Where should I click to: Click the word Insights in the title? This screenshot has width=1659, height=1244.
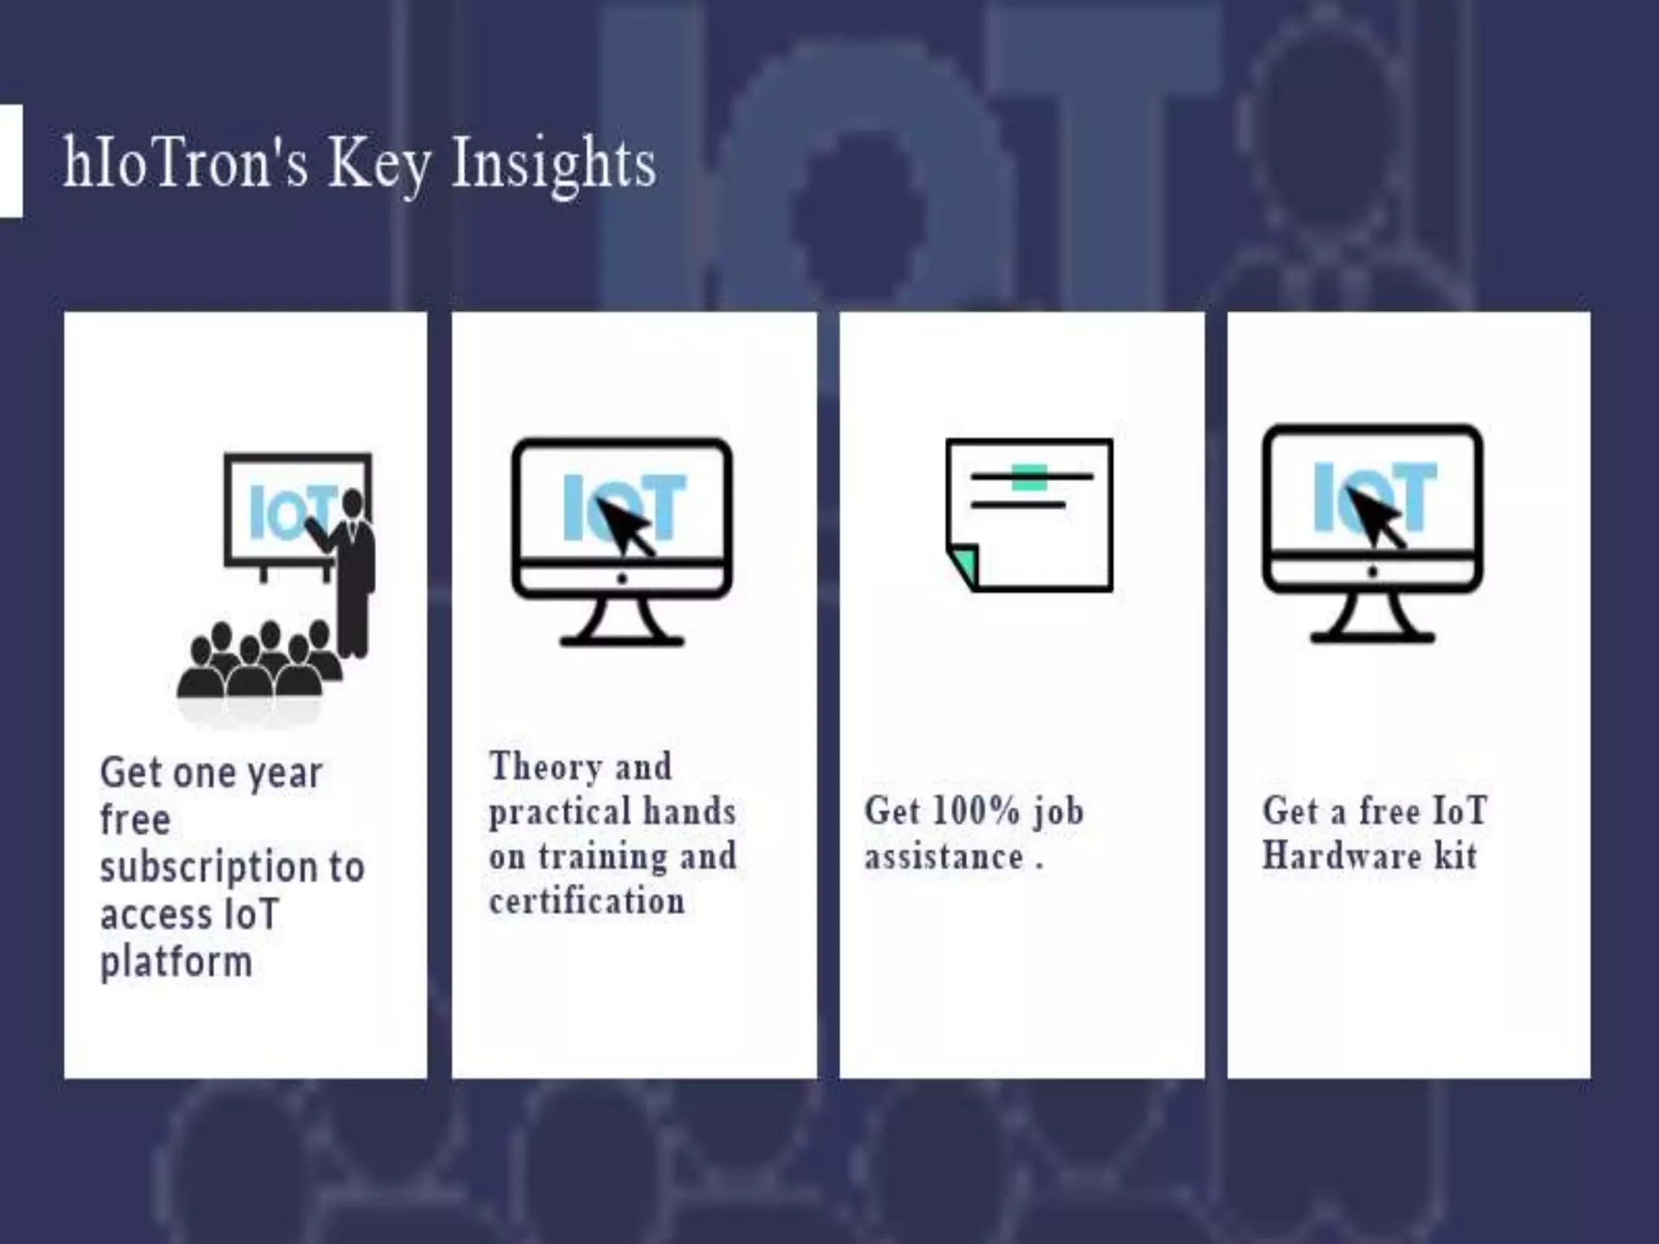[x=552, y=164]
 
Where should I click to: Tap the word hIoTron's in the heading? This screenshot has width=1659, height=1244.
[x=186, y=163]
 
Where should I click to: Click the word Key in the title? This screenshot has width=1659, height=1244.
[x=377, y=164]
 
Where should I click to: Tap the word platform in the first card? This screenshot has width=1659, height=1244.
[x=176, y=962]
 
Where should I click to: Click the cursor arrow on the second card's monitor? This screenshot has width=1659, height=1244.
[x=625, y=526]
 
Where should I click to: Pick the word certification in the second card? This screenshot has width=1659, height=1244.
[x=586, y=901]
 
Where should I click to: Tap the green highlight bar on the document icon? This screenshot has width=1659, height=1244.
[x=1029, y=477]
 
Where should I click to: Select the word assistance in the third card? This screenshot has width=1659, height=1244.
[x=944, y=857]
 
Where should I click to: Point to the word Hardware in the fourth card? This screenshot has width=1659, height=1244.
[x=1341, y=856]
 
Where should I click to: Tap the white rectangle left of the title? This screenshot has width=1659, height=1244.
[x=11, y=161]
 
